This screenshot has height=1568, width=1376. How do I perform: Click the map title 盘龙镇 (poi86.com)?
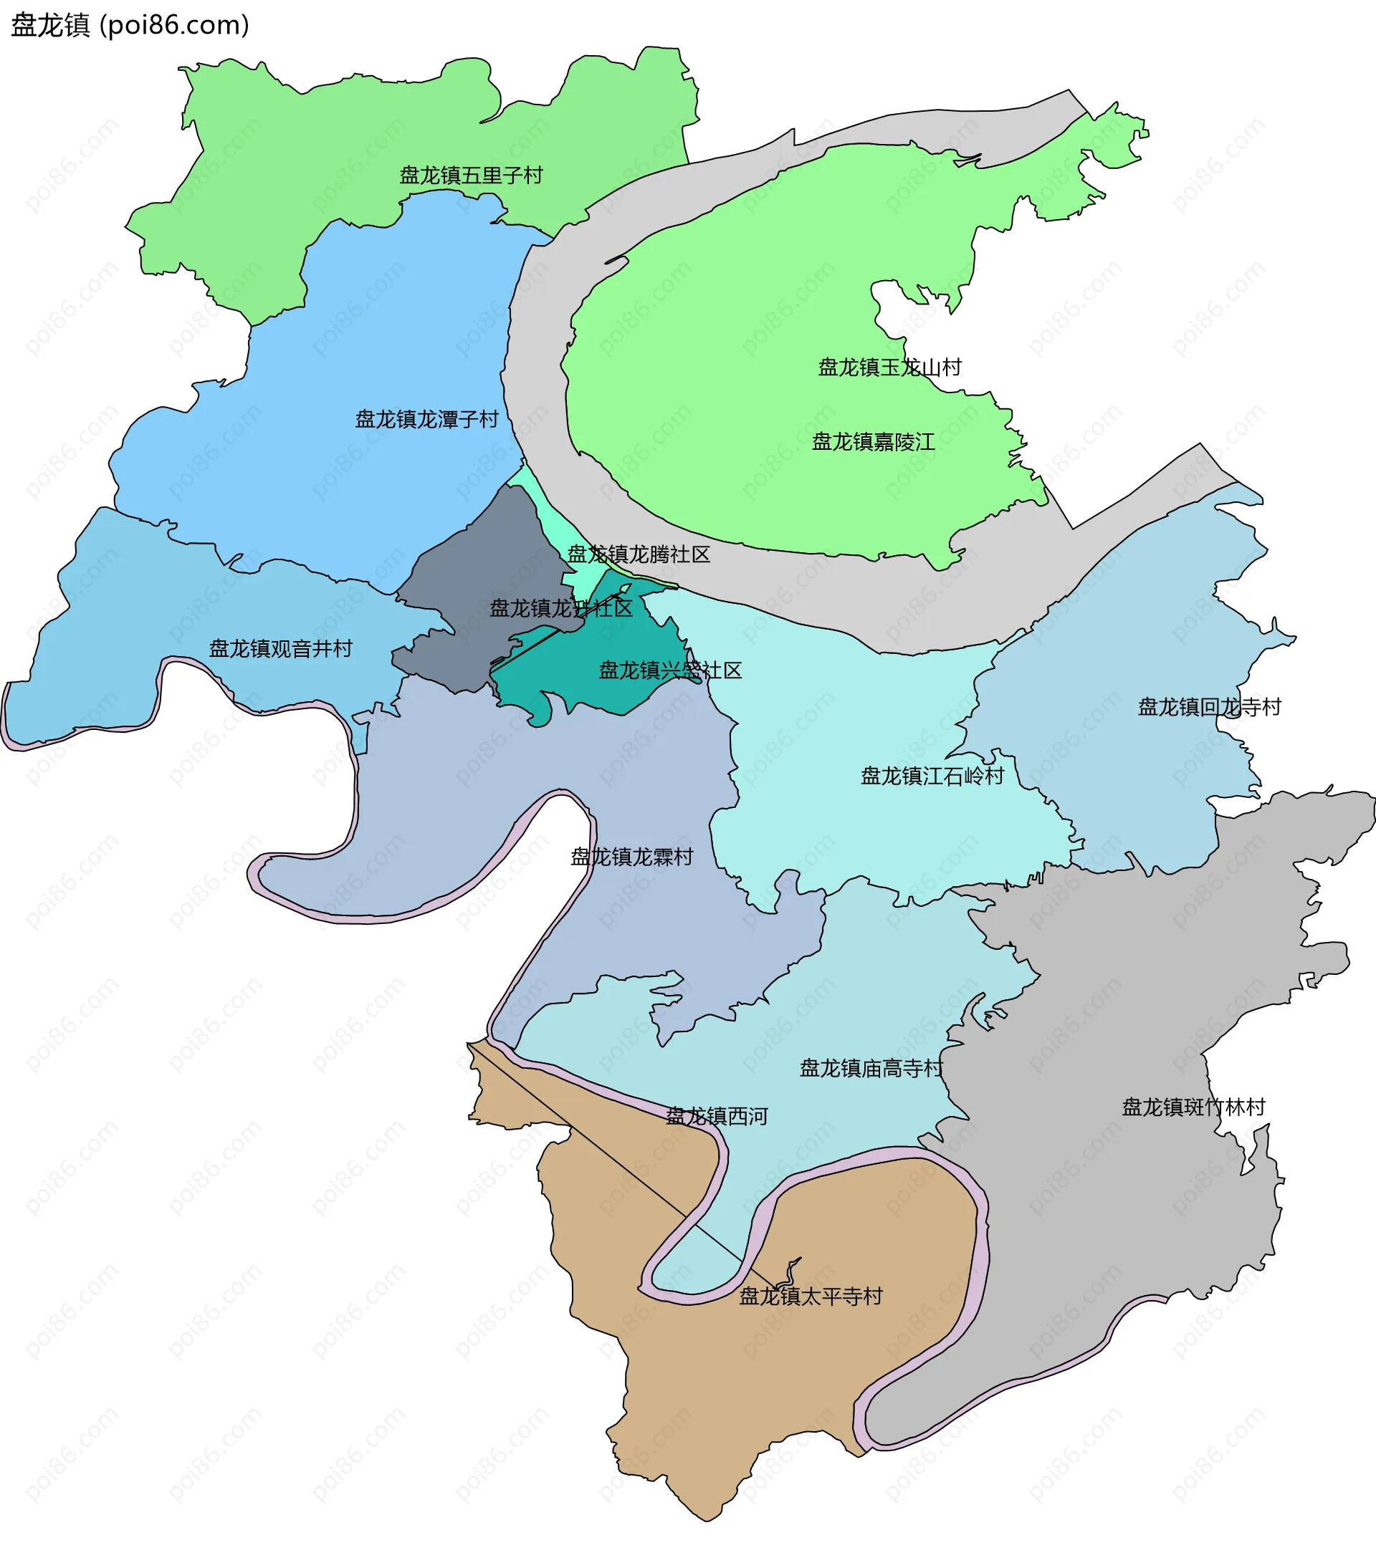(x=130, y=25)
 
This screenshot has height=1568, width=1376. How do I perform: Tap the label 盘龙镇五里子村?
(x=471, y=175)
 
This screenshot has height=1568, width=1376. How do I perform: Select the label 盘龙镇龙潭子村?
(x=426, y=420)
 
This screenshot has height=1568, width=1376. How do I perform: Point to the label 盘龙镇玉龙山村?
(x=889, y=367)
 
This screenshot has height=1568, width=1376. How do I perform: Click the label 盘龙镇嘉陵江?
(x=874, y=442)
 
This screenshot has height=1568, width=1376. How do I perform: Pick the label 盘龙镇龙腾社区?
(x=639, y=554)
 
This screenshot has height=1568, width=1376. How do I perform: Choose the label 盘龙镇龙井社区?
(x=561, y=608)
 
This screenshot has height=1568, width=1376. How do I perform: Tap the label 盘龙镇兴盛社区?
(x=670, y=670)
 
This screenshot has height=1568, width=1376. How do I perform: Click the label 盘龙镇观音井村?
(x=281, y=649)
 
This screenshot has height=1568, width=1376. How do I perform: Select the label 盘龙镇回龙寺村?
(x=1210, y=706)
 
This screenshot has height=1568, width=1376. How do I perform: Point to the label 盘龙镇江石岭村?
(x=932, y=776)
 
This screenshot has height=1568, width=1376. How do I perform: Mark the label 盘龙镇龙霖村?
(x=631, y=857)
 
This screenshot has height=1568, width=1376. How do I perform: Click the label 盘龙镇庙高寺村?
(x=871, y=1069)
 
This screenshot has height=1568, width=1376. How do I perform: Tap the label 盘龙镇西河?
(x=717, y=1116)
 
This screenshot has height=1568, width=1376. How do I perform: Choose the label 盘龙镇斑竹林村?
(x=1193, y=1107)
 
